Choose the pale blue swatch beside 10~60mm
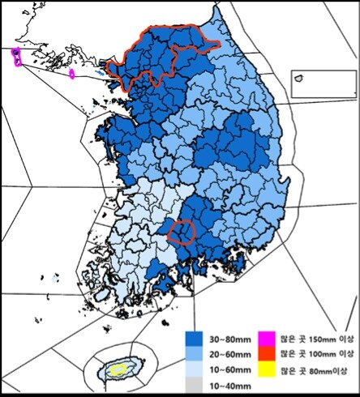194,365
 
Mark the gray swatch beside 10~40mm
194,378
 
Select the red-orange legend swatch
265,352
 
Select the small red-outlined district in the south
182,232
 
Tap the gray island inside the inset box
298,78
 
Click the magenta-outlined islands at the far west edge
16,56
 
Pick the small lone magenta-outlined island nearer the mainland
73,74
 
